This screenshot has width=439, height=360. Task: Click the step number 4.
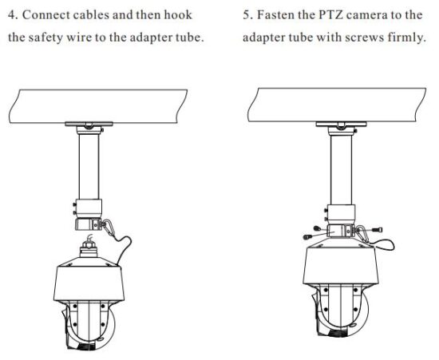click(x=10, y=15)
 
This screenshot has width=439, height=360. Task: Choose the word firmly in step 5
click(x=407, y=38)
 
